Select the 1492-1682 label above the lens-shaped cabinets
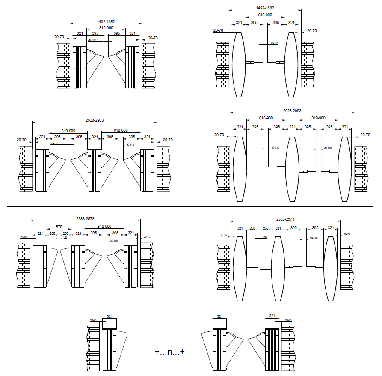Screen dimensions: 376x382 coord(265,8)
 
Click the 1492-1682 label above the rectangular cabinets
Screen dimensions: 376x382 coord(106,21)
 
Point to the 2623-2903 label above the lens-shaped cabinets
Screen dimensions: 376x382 coord(292,110)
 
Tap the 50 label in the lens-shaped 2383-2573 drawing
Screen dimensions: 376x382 coord(265,236)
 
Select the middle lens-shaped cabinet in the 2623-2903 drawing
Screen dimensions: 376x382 coord(292,169)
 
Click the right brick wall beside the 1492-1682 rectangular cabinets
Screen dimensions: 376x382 coord(148,66)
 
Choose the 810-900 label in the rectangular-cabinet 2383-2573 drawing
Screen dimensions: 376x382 coord(104,226)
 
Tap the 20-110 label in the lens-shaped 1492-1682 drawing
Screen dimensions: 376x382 coord(274,43)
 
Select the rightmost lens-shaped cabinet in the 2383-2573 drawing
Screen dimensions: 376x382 coord(330,268)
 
